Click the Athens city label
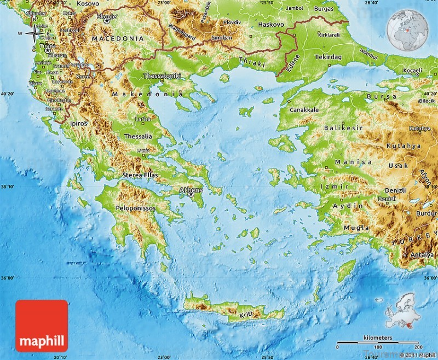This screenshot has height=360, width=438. [x=191, y=190]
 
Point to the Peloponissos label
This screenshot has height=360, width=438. [x=135, y=208]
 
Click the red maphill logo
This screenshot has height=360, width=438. [x=42, y=326]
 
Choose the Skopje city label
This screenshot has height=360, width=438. [x=106, y=17]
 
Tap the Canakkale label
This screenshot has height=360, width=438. [x=304, y=110]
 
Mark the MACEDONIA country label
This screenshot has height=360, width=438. [x=118, y=39]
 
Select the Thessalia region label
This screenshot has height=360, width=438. [x=139, y=136]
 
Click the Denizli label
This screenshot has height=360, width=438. [x=394, y=190]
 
